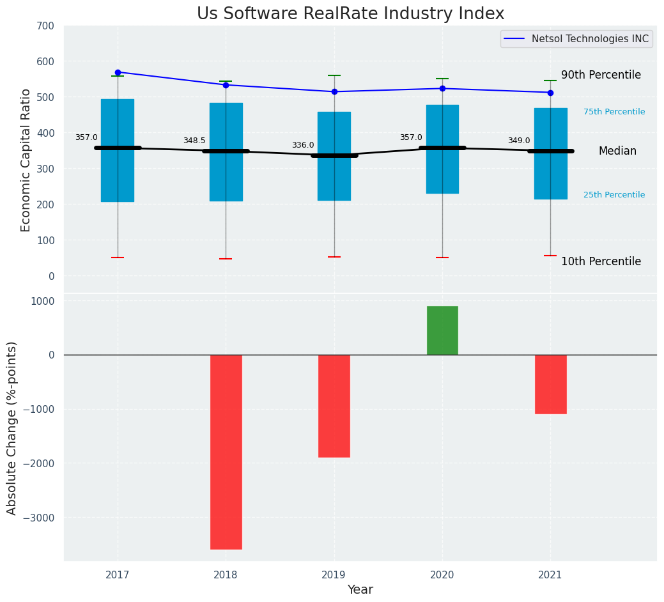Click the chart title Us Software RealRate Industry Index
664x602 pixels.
(x=350, y=13)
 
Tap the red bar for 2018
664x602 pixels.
(x=226, y=451)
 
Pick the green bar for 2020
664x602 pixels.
(x=442, y=330)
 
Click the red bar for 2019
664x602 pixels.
(x=334, y=406)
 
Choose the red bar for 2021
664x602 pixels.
(x=550, y=384)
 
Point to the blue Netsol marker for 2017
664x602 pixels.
(x=118, y=72)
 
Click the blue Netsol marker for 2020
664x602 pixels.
(x=442, y=89)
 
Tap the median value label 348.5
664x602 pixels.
(x=194, y=141)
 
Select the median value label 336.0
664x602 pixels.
(x=303, y=145)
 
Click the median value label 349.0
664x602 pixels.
(x=519, y=141)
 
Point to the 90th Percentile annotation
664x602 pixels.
(x=601, y=75)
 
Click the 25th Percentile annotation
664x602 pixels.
(x=614, y=195)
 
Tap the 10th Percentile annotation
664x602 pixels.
(x=601, y=261)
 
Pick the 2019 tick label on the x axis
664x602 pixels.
(x=334, y=575)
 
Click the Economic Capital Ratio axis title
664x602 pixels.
(x=26, y=160)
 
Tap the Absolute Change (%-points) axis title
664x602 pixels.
(x=12, y=428)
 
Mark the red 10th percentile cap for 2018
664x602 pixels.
(x=226, y=259)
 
